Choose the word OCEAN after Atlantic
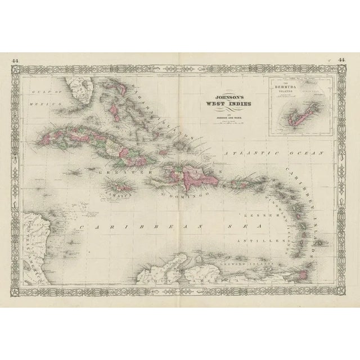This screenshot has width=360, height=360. click(x=306, y=152)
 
